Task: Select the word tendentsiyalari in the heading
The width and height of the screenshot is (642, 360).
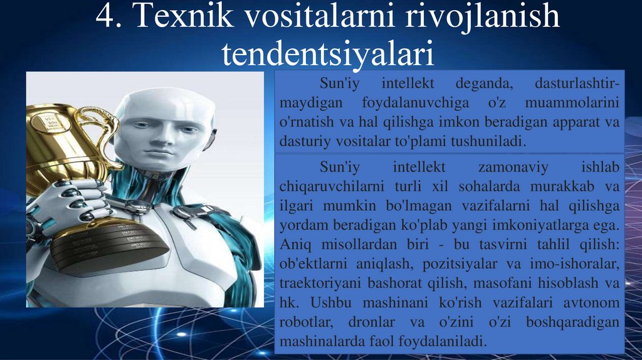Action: click(x=328, y=54)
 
